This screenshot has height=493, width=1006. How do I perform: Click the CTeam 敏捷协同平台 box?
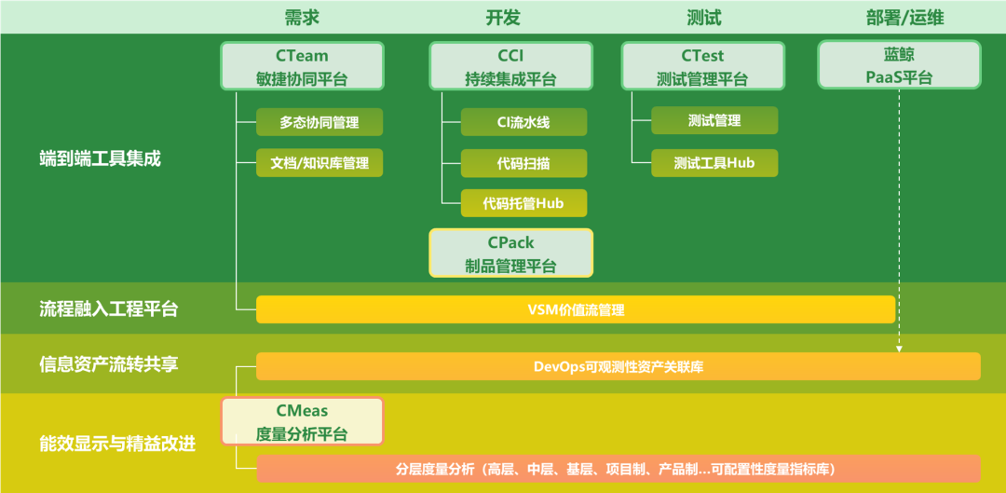tap(302, 66)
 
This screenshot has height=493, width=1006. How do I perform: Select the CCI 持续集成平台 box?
tap(510, 66)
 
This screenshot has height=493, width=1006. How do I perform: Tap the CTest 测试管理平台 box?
tap(702, 66)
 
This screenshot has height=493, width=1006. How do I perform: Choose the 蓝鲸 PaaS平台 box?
tap(899, 65)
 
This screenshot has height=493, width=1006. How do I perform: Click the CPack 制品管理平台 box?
tap(510, 253)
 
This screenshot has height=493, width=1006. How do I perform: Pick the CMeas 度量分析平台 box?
tap(302, 421)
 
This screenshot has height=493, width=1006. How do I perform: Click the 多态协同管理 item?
tap(319, 122)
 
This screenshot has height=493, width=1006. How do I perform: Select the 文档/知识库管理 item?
tap(319, 163)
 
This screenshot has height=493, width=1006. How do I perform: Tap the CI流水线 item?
tap(523, 122)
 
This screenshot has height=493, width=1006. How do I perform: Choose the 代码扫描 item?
tap(523, 163)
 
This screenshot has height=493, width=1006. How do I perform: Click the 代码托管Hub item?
tap(523, 203)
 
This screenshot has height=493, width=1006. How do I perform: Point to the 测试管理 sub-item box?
tap(714, 120)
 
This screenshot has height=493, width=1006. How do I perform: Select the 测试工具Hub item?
tap(714, 163)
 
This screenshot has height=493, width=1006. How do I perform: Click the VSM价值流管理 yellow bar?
tap(576, 309)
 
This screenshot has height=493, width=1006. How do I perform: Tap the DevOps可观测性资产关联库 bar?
tap(619, 366)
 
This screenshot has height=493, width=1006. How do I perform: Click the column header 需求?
tap(302, 18)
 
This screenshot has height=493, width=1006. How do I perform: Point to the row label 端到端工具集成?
tap(100, 158)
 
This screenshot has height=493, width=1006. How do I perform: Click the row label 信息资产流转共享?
tap(108, 363)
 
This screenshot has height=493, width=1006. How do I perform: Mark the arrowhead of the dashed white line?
tap(899, 349)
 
